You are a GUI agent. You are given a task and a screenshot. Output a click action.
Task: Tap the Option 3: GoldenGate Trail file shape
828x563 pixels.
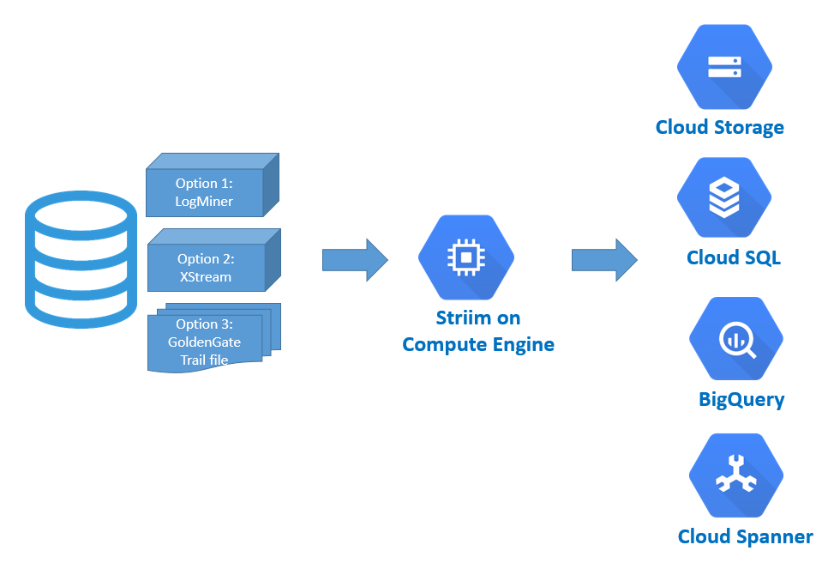point(205,342)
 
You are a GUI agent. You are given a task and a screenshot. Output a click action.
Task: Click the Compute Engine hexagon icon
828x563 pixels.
point(465,257)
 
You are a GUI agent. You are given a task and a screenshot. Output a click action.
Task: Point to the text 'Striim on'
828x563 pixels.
point(478,318)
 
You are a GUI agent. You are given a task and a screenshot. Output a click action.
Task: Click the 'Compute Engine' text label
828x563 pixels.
point(478,345)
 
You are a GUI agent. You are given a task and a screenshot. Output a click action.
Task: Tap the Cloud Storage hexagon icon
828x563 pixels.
point(724,69)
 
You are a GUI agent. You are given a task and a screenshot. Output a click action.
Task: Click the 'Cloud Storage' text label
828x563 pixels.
point(720,128)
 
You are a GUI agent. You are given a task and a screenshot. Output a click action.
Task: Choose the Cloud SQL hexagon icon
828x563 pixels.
point(724,198)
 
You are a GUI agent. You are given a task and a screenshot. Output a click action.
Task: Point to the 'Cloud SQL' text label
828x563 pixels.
point(734,258)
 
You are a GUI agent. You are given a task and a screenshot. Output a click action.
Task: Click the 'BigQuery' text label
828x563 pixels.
point(741,400)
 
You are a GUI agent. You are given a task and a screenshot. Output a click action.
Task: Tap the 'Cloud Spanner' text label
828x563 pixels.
point(745,537)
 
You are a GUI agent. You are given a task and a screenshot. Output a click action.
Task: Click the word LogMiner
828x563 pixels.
point(204,202)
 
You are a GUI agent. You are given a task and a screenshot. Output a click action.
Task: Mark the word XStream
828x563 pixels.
point(206,277)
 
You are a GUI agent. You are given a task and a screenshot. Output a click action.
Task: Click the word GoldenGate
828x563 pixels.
point(205,342)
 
